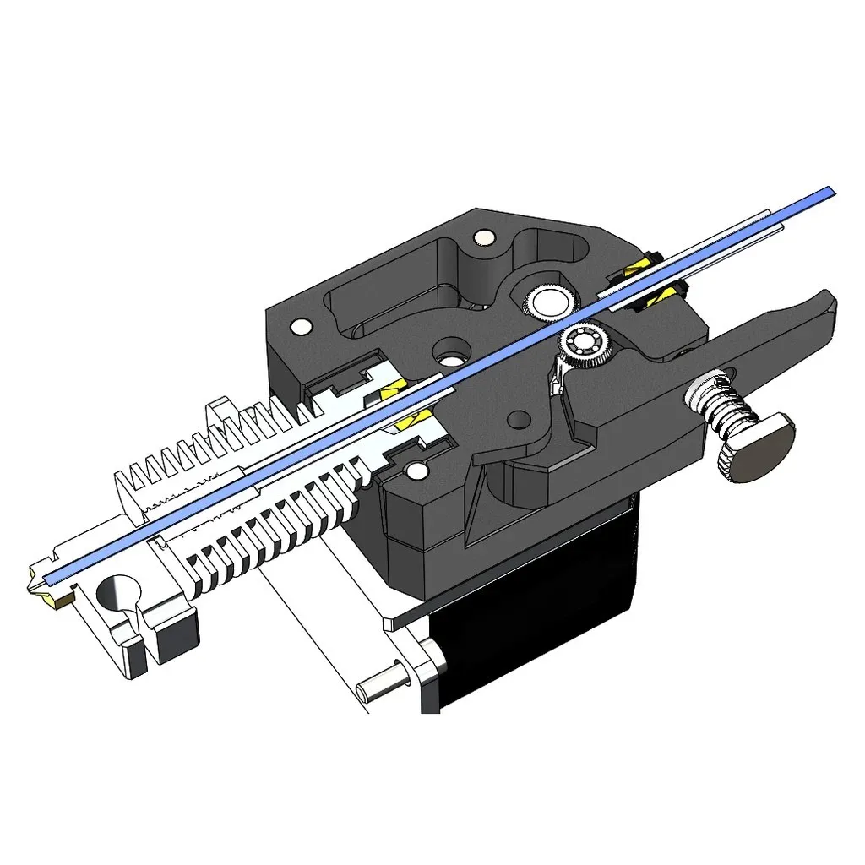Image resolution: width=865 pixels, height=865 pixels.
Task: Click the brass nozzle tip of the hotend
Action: (x=46, y=589)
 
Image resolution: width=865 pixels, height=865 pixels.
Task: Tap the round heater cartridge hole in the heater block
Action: (x=117, y=596)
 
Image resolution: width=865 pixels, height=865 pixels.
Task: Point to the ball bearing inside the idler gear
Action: (x=579, y=342)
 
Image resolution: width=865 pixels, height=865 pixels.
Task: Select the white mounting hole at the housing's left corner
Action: (x=299, y=325)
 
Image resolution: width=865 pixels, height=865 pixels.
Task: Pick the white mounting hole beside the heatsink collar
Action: (x=416, y=471)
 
